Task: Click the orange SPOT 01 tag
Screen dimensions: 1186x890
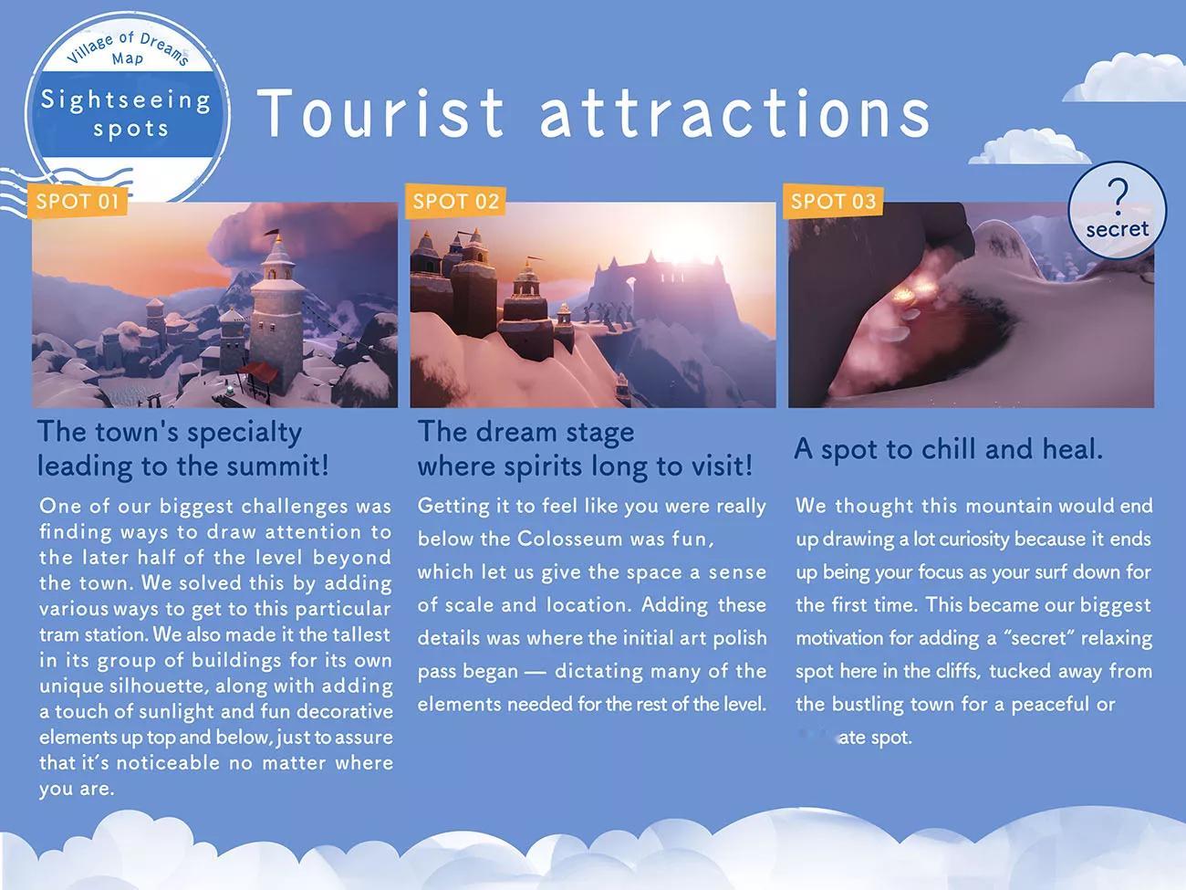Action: [78, 202]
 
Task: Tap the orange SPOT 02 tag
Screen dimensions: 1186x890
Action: [455, 202]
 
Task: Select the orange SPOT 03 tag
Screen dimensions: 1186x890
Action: [833, 202]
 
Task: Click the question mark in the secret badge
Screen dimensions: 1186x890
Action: [1118, 196]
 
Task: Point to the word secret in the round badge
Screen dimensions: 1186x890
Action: [1117, 229]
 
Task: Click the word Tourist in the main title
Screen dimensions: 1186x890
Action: [380, 113]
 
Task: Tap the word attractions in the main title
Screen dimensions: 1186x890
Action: [734, 113]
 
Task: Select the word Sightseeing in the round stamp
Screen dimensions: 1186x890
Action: [126, 100]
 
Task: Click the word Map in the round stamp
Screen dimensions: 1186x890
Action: [128, 58]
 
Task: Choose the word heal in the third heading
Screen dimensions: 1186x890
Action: [1072, 449]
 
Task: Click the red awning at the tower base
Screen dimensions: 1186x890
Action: [259, 372]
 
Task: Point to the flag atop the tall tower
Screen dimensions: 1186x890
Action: [273, 234]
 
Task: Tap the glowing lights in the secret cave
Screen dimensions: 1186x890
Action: [912, 292]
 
